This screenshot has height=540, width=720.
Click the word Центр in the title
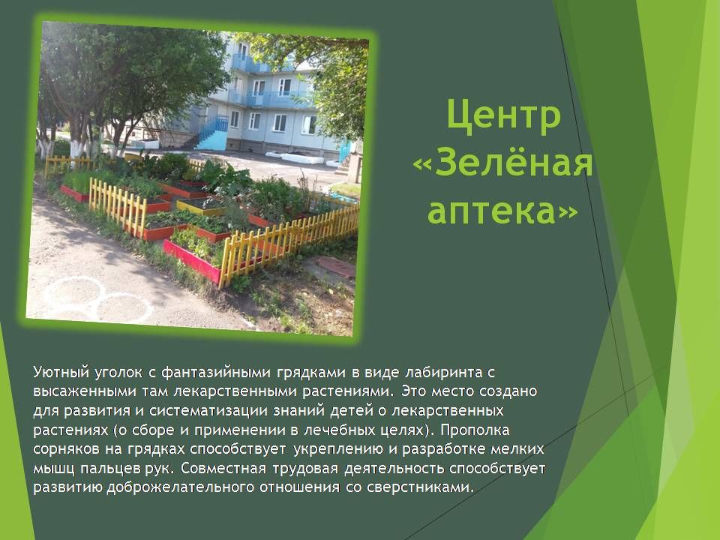503,115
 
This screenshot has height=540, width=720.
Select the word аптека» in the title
502,211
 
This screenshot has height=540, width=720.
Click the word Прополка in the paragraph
475,430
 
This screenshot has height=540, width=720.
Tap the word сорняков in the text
65,449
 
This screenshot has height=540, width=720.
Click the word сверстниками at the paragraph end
420,487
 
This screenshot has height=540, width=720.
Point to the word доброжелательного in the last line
181,487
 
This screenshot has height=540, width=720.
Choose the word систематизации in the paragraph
209,410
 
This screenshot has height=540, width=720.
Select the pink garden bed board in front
192,260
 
